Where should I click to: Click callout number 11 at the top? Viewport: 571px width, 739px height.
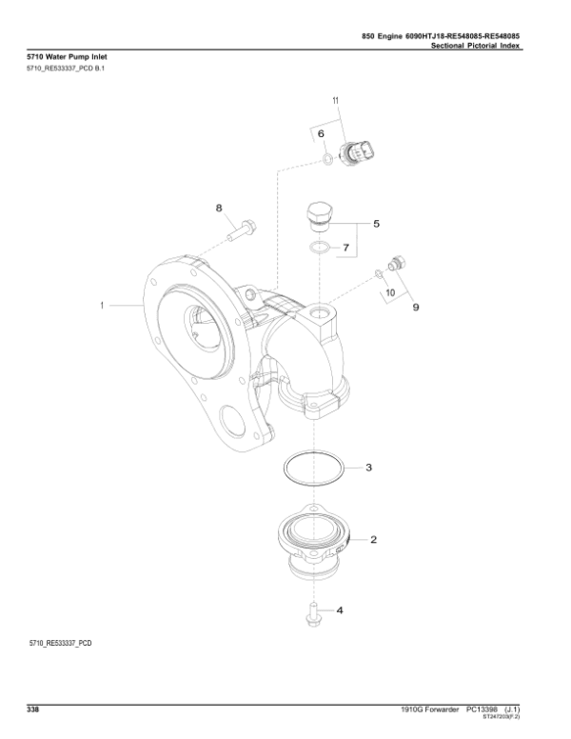335,100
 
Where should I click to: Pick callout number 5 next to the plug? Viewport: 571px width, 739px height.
376,224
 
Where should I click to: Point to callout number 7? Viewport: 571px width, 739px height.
346,248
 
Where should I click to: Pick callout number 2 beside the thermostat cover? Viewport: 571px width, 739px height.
373,540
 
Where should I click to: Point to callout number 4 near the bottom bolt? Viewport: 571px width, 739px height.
341,610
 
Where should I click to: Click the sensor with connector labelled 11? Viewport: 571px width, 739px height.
363,150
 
